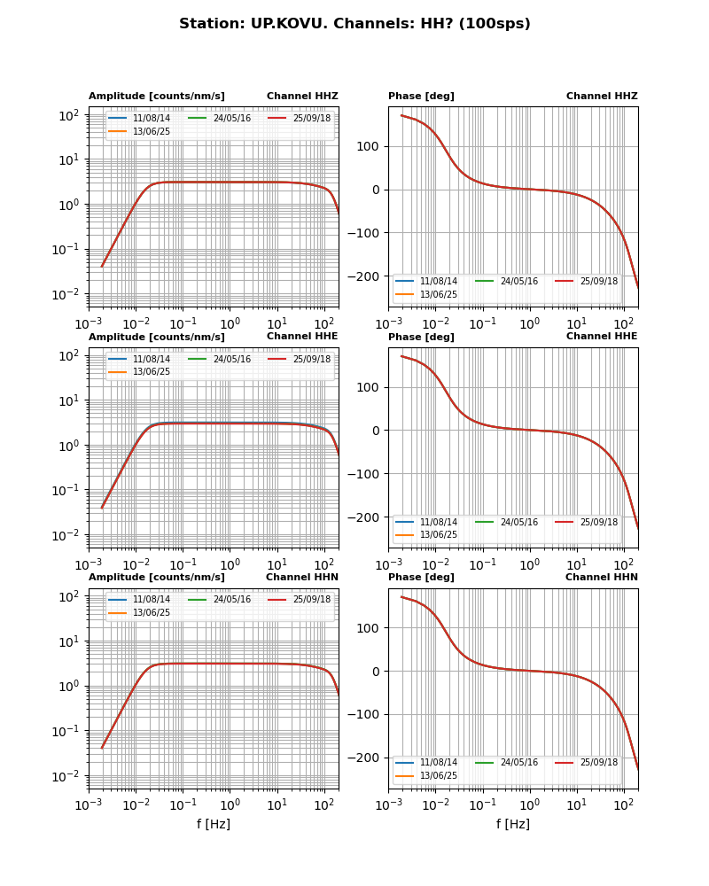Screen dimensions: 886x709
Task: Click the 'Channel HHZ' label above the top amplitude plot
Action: click(x=302, y=97)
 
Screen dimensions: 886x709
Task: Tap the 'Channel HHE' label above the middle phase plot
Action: click(x=602, y=337)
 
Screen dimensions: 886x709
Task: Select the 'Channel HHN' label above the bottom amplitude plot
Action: click(x=302, y=578)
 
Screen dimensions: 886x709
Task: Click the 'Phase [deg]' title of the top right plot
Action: click(x=421, y=97)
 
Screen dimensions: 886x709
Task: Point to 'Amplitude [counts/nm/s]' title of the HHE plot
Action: click(x=156, y=338)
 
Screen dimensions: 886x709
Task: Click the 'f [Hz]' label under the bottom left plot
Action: click(x=214, y=824)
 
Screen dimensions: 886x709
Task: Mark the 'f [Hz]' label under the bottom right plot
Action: click(x=513, y=824)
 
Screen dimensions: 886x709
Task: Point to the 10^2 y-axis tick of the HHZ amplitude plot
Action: click(x=70, y=116)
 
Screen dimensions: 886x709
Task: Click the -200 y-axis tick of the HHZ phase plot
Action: click(x=366, y=276)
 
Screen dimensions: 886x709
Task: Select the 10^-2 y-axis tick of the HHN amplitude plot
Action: click(x=68, y=776)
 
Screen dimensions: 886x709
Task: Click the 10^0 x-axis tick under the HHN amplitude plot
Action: click(x=230, y=804)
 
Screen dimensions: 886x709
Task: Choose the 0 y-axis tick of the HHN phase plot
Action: click(x=376, y=672)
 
